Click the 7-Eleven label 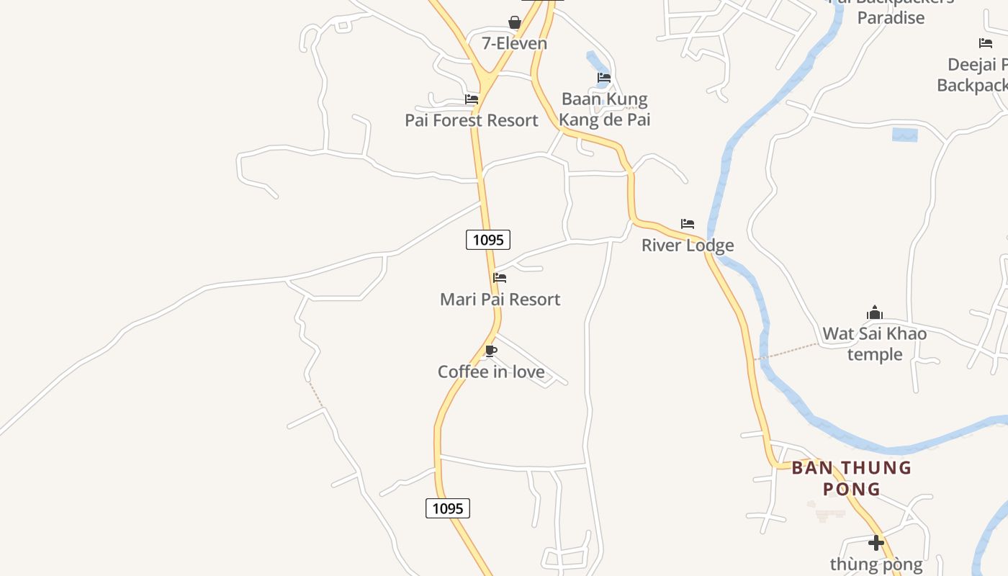pyautogui.click(x=514, y=43)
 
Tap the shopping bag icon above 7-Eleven pyautogui.click(x=515, y=22)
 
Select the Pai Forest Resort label pyautogui.click(x=471, y=120)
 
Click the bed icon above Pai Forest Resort pyautogui.click(x=472, y=99)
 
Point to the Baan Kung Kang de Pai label pyautogui.click(x=605, y=109)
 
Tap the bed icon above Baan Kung pyautogui.click(x=604, y=78)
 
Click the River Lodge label pyautogui.click(x=688, y=245)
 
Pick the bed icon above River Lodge pyautogui.click(x=688, y=224)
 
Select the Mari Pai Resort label pyautogui.click(x=500, y=299)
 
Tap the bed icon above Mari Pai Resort pyautogui.click(x=500, y=278)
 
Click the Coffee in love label pyautogui.click(x=491, y=372)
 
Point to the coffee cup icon pyautogui.click(x=491, y=351)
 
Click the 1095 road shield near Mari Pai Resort pyautogui.click(x=488, y=240)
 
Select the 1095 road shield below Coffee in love pyautogui.click(x=447, y=508)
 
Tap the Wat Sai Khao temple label pyautogui.click(x=874, y=343)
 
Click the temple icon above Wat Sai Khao pyautogui.click(x=875, y=312)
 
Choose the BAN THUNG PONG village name pyautogui.click(x=852, y=478)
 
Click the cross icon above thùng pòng pyautogui.click(x=876, y=542)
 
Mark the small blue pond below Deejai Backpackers pyautogui.click(x=905, y=135)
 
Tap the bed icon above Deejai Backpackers pyautogui.click(x=986, y=43)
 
